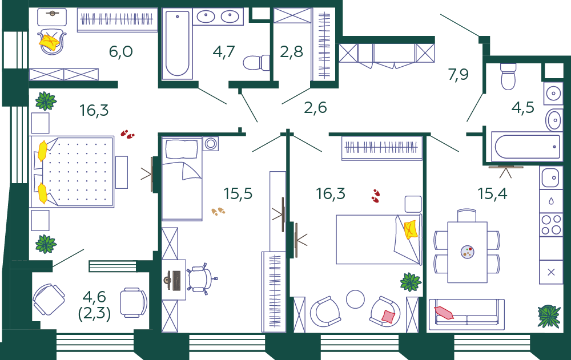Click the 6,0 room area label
click(x=120, y=52)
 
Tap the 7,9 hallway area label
click(x=458, y=75)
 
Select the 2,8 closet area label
click(x=291, y=52)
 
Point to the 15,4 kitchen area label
click(x=492, y=193)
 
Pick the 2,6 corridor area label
click(x=315, y=107)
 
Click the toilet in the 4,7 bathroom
click(x=256, y=63)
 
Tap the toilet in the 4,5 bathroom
click(x=508, y=76)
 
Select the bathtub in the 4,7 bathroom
click(x=178, y=44)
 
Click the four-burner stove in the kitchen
click(x=551, y=224)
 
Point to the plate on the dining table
click(x=467, y=252)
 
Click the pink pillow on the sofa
click(x=444, y=312)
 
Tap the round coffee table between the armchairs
click(x=355, y=299)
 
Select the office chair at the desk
click(x=201, y=279)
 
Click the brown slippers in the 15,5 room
click(x=218, y=212)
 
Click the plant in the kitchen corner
click(x=549, y=315)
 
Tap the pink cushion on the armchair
click(x=388, y=316)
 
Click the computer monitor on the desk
click(x=176, y=281)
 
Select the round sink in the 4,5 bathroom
click(x=553, y=93)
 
